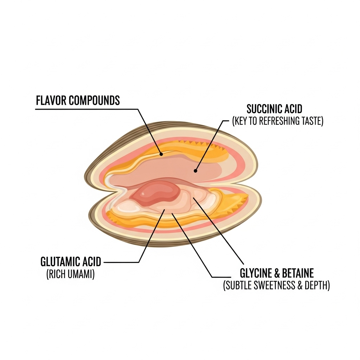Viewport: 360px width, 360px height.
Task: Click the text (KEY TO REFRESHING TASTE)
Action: tap(278, 121)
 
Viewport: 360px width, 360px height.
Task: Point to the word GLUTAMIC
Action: tap(62, 262)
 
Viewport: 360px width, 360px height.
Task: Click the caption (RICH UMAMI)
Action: tap(70, 275)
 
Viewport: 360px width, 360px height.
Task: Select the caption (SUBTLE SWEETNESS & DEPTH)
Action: tap(276, 286)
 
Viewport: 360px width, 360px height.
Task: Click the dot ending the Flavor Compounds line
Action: tap(161, 154)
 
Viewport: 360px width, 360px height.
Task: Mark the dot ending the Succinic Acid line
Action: tap(195, 171)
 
